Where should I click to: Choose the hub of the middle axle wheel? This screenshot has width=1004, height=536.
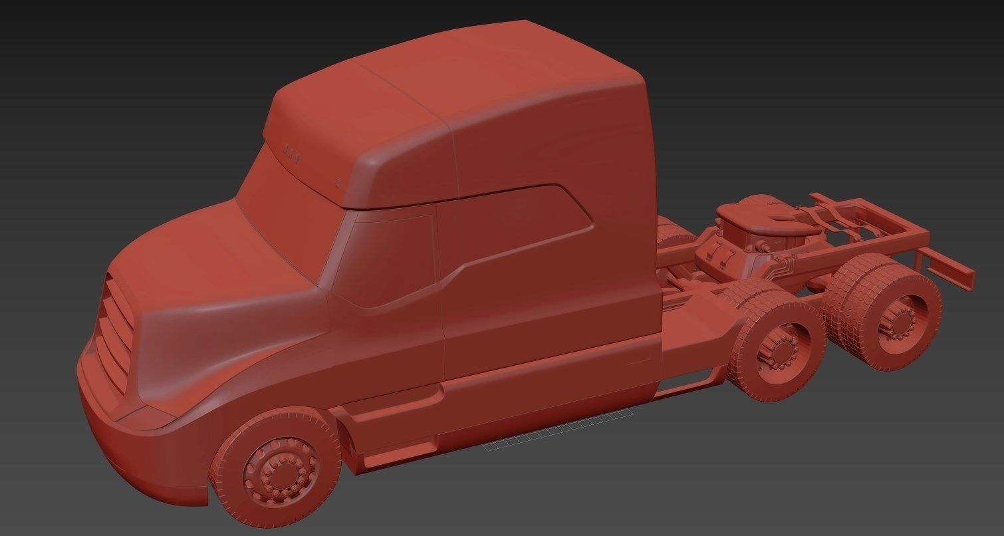(779, 353)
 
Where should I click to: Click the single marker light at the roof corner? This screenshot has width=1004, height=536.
(338, 180)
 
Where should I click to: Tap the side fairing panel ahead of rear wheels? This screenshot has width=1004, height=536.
(691, 346)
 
